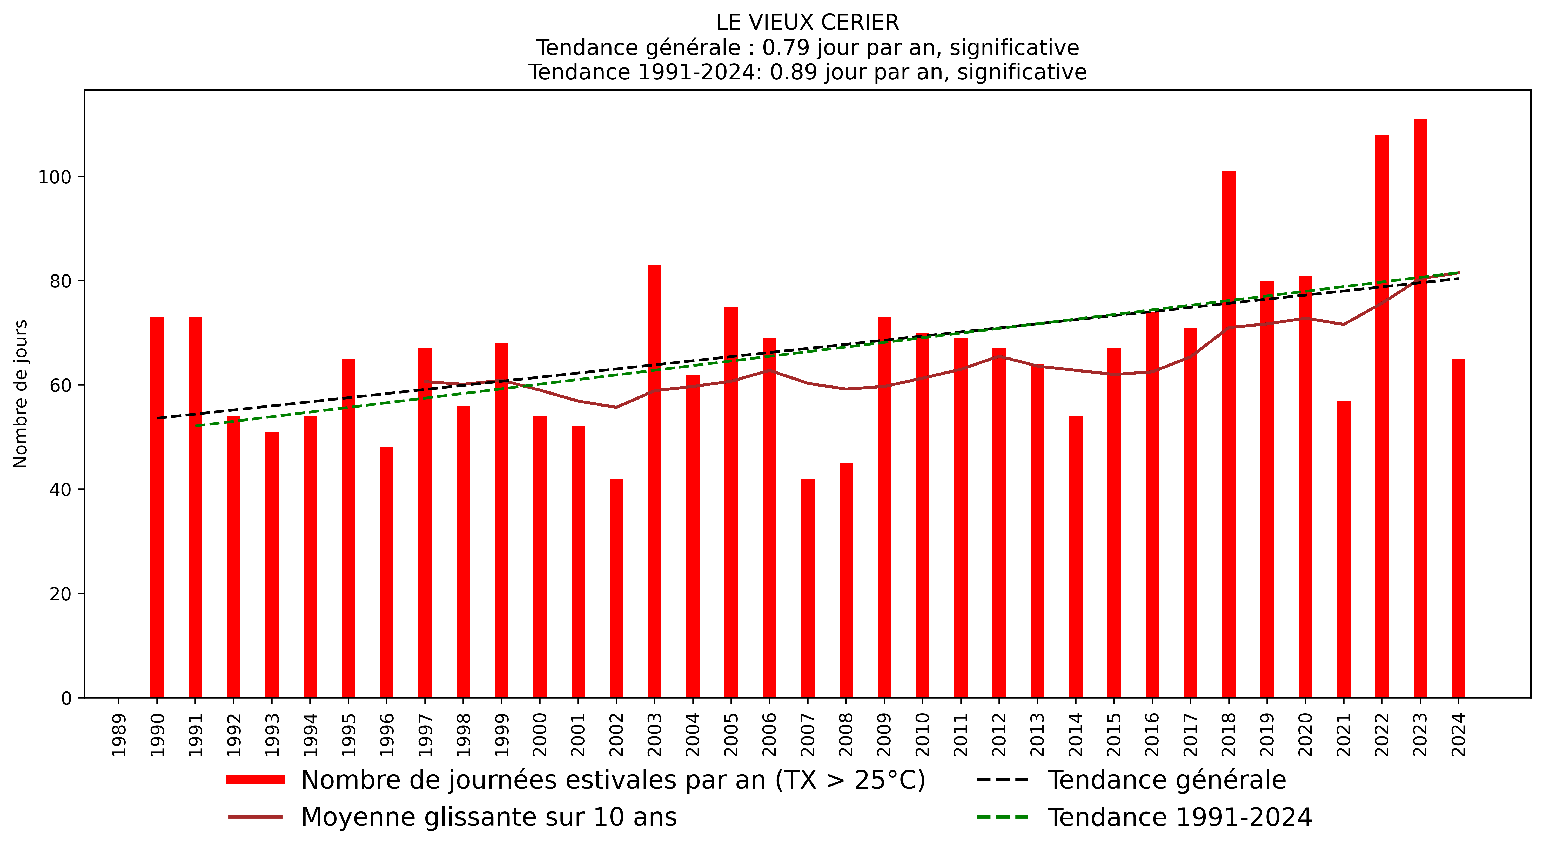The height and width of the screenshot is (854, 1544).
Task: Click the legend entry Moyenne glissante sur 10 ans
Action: (x=488, y=817)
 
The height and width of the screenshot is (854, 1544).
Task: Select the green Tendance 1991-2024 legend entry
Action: (x=1180, y=817)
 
